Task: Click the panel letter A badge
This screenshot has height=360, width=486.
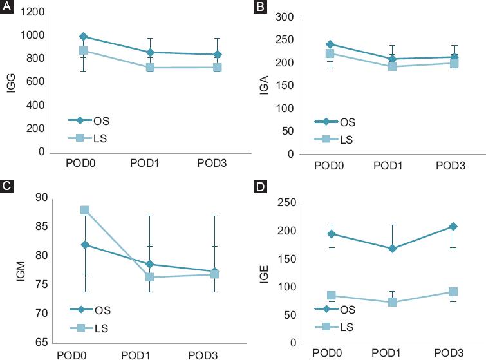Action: point(6,6)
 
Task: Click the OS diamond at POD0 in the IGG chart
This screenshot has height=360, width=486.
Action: point(84,37)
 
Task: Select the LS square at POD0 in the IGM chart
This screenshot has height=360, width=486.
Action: point(84,211)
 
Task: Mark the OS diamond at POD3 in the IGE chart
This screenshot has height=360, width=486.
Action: point(453,227)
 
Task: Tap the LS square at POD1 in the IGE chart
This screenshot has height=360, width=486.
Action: point(391,302)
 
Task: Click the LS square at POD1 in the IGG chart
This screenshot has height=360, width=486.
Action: point(150,67)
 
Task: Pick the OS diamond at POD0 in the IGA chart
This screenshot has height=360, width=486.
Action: point(330,44)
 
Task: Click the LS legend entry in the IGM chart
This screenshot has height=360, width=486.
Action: point(90,328)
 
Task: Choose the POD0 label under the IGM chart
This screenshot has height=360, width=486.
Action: point(72,354)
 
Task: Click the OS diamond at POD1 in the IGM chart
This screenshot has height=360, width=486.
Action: point(149,264)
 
